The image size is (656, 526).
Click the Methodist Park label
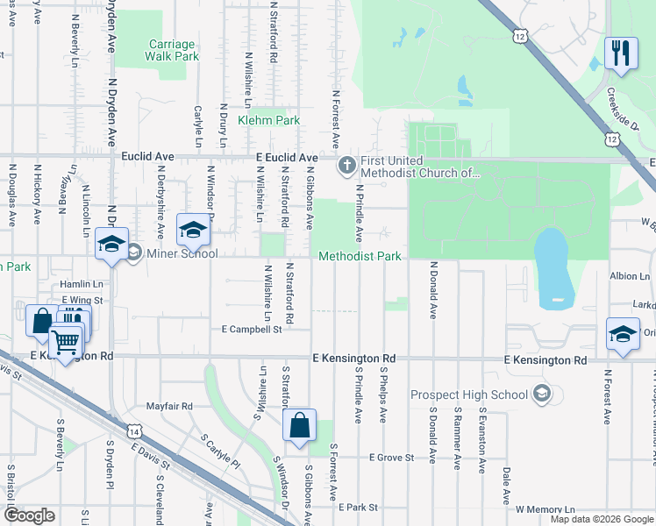pyautogui.click(x=360, y=257)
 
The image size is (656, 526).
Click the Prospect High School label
pyautogui.click(x=481, y=394)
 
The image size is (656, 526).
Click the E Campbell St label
pyautogui.click(x=252, y=330)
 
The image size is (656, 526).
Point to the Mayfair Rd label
pyautogui.click(x=169, y=407)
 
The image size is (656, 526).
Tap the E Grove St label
pyautogui.click(x=391, y=458)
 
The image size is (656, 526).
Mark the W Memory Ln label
pyautogui.click(x=545, y=509)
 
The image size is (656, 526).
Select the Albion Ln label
pyautogui.click(x=630, y=276)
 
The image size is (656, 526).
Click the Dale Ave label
pyautogui.click(x=506, y=485)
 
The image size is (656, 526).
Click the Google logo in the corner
pyautogui.click(x=30, y=515)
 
